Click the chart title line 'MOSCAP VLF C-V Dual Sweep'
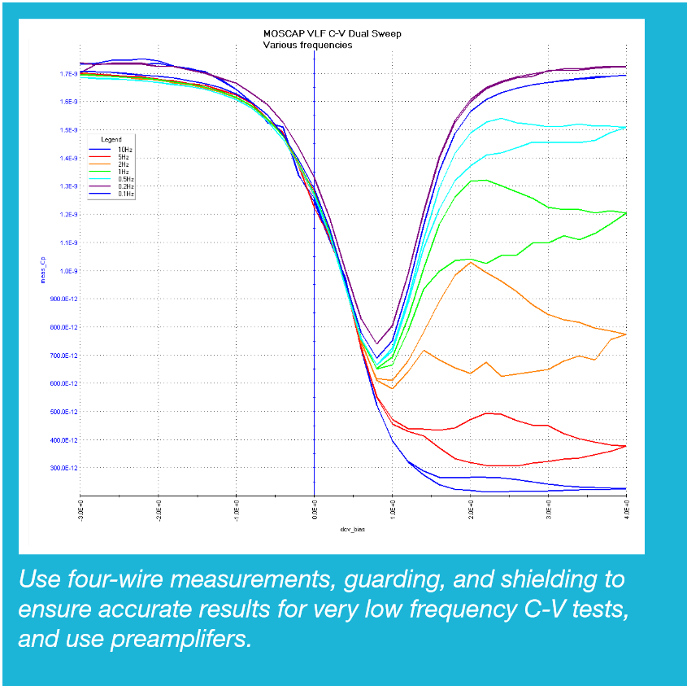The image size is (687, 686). pyautogui.click(x=332, y=34)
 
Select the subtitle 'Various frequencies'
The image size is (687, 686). pyautogui.click(x=307, y=46)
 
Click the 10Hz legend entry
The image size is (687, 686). pyautogui.click(x=124, y=148)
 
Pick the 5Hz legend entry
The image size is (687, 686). pyautogui.click(x=123, y=155)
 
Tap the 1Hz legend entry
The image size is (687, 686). pyautogui.click(x=123, y=171)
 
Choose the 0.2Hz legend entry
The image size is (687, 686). pyautogui.click(x=125, y=186)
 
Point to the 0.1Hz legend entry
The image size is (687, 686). pyautogui.click(x=125, y=194)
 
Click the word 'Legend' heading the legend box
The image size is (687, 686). pyautogui.click(x=111, y=140)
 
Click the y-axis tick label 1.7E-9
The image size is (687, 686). pyautogui.click(x=67, y=74)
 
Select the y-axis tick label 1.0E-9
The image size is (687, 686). pyautogui.click(x=67, y=271)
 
